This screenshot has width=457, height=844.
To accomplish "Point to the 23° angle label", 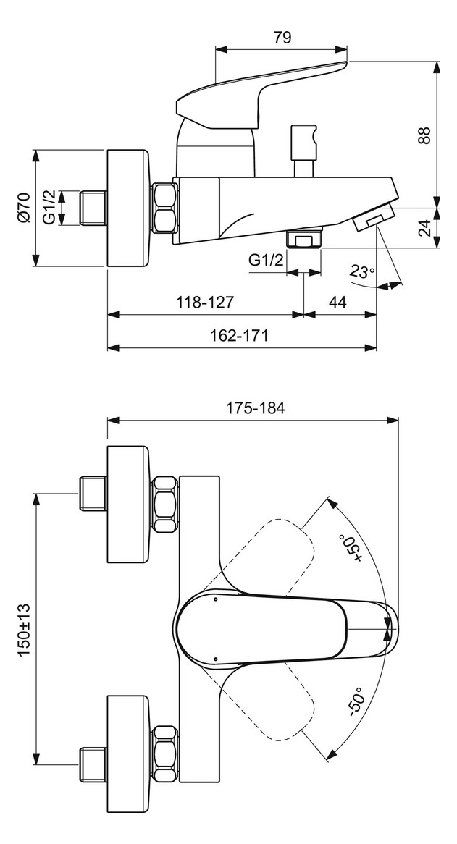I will (362, 273).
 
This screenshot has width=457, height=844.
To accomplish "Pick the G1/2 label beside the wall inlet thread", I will (49, 207).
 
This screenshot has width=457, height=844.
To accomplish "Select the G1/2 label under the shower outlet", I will (266, 260).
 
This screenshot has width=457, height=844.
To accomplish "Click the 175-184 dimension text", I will (253, 408).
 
